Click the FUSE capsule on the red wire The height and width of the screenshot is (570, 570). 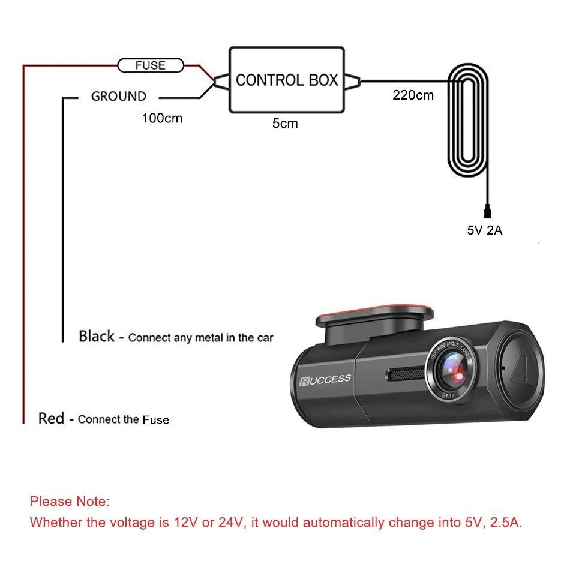(x=150, y=65)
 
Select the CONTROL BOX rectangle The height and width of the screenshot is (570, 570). (x=287, y=80)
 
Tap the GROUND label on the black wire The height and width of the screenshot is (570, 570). (x=118, y=96)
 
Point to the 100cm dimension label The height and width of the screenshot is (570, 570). (x=162, y=118)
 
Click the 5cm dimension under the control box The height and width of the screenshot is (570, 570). (x=285, y=124)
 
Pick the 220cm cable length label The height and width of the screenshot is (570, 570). (x=413, y=95)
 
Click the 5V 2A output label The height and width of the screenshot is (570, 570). (x=484, y=230)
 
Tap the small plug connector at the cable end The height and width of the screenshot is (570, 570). (x=488, y=211)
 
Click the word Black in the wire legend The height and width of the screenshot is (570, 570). (x=97, y=336)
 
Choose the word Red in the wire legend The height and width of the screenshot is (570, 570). (x=51, y=418)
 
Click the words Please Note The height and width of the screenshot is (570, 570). (x=70, y=501)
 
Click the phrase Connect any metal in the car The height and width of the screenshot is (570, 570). (x=200, y=338)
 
